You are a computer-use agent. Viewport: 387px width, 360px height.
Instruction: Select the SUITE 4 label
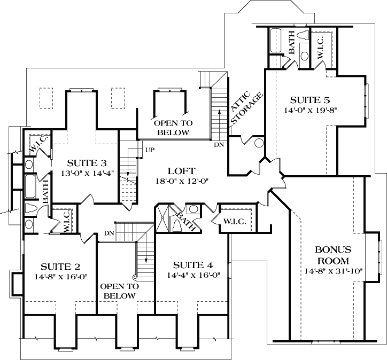tap(193, 265)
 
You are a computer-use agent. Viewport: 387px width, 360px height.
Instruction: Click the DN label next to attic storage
tap(219, 145)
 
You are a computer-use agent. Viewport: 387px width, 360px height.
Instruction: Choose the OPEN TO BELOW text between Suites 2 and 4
tap(120, 291)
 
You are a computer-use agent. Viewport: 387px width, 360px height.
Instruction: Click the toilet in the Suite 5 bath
tap(304, 36)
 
